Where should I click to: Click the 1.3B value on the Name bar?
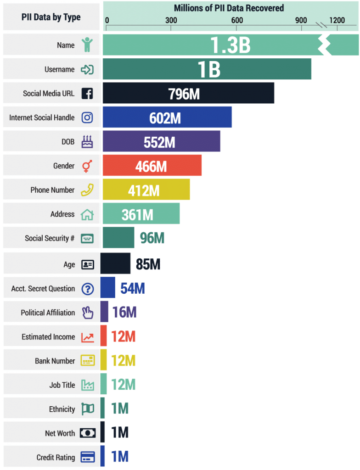tap(230, 45)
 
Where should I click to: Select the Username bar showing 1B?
tap(207, 69)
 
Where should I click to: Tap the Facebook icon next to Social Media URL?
tap(87, 94)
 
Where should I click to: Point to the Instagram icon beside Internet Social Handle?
tap(87, 117)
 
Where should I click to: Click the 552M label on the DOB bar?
tap(159, 142)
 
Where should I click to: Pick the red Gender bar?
tap(152, 166)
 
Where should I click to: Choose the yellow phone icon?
tap(87, 190)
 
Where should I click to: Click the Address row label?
tap(62, 214)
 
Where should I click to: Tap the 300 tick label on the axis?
tap(171, 20)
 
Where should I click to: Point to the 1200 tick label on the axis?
tap(337, 20)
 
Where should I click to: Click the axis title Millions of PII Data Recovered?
tap(229, 8)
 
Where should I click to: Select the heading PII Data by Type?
tap(51, 17)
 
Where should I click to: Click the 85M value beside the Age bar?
tap(148, 264)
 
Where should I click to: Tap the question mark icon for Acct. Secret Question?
tap(87, 289)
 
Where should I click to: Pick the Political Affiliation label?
tap(48, 313)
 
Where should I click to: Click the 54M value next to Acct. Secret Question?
tap(133, 288)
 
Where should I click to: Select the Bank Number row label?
tap(55, 361)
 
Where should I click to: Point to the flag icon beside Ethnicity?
tap(87, 409)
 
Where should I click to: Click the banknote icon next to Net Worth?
tap(87, 433)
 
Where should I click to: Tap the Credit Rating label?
tap(56, 458)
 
